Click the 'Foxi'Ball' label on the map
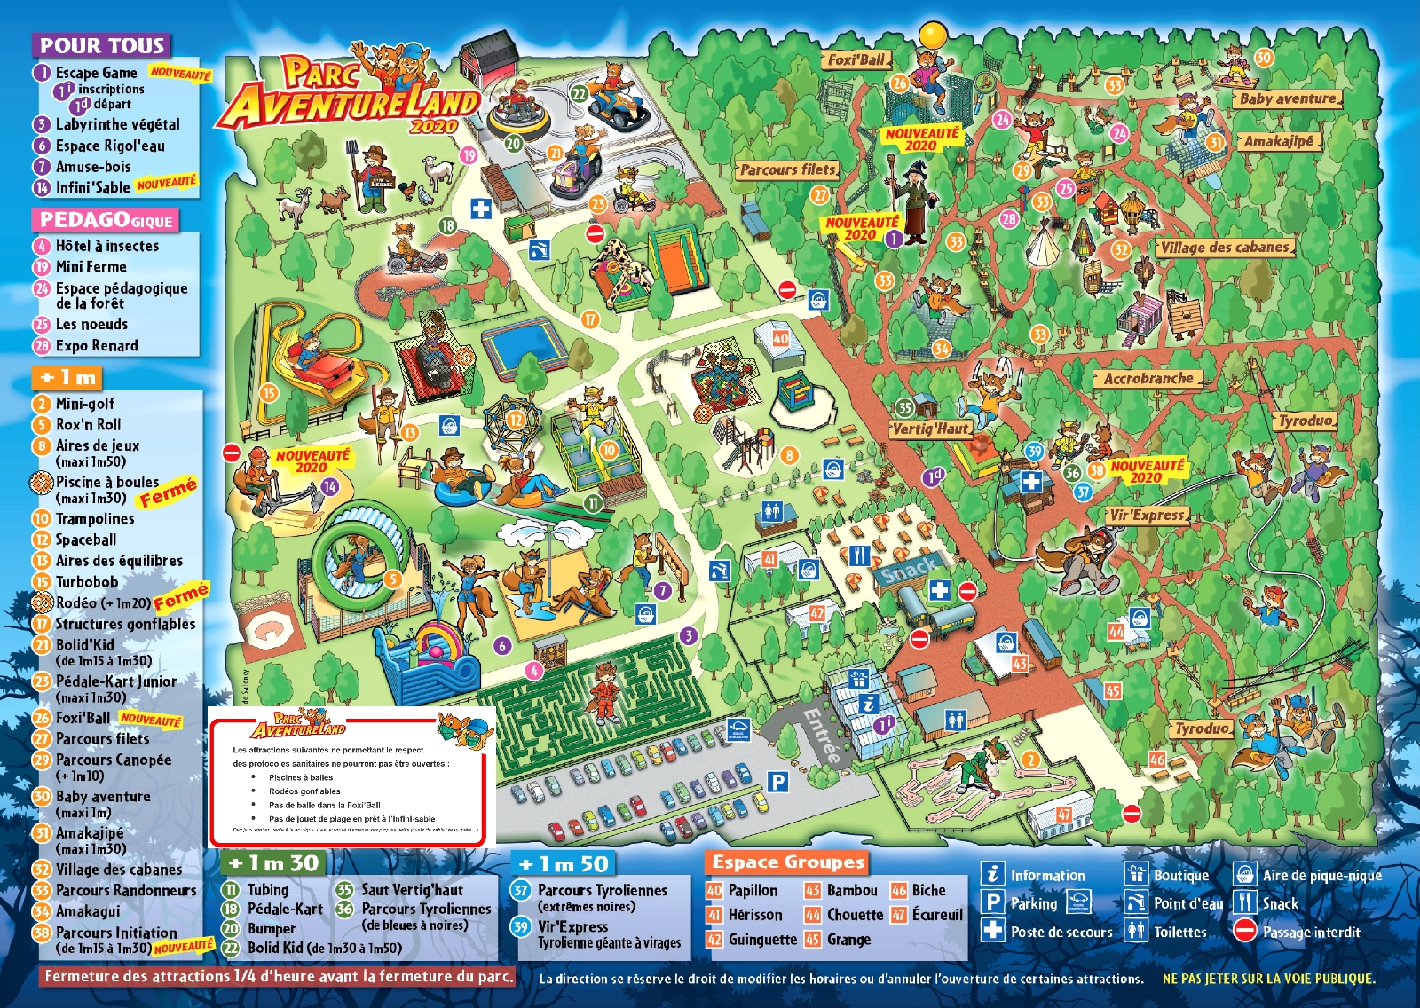tap(856, 59)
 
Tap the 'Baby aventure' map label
tap(1287, 98)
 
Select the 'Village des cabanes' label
tap(1226, 248)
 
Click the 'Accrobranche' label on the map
tap(1148, 379)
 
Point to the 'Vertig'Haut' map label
tap(931, 429)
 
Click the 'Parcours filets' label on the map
tap(787, 169)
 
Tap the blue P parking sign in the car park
tap(777, 781)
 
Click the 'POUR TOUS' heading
tap(102, 45)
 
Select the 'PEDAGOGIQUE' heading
tap(106, 219)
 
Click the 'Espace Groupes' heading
tap(787, 862)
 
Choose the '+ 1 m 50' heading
tap(564, 863)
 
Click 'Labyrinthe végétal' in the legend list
tap(117, 124)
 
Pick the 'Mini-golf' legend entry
tap(85, 403)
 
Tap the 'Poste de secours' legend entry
tap(1061, 932)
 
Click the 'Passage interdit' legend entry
tap(1311, 932)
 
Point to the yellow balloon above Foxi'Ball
tap(934, 35)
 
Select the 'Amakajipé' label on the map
tap(1278, 141)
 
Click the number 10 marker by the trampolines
tap(609, 450)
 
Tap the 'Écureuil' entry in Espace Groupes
tap(937, 914)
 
